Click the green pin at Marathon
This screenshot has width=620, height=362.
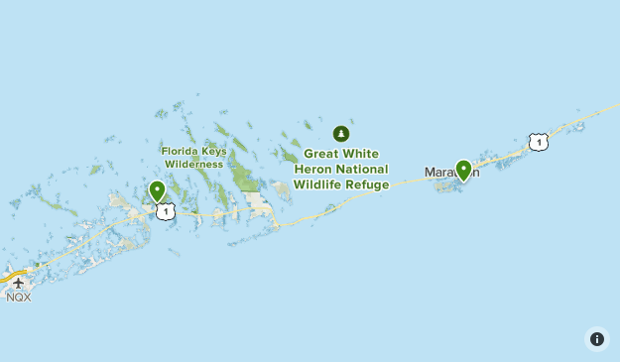463,170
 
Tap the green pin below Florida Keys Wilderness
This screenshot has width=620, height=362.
157,190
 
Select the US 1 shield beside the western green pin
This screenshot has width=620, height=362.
166,211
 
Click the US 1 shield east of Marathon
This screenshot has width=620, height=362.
538,143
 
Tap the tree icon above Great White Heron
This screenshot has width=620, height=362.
341,133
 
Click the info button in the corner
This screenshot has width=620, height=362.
597,339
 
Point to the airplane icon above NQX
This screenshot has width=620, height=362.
18,283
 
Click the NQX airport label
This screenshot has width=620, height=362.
18,297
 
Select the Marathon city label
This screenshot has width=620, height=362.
451,173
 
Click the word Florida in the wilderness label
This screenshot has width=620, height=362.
179,151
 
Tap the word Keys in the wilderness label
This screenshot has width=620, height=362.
212,151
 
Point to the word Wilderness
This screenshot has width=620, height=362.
194,164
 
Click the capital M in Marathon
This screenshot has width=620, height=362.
431,173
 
